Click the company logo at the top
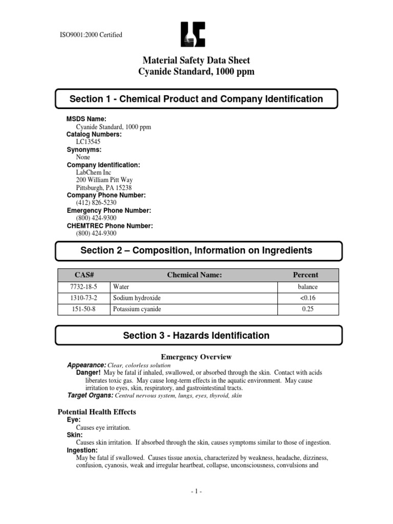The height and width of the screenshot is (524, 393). click(x=196, y=36)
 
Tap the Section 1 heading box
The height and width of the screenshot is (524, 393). click(x=196, y=99)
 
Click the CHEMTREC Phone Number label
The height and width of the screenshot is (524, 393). click(x=110, y=226)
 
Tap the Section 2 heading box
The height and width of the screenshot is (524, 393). click(x=196, y=250)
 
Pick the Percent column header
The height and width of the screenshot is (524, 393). click(x=305, y=275)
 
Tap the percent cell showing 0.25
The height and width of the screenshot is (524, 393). click(x=305, y=310)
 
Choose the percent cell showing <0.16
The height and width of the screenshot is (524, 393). click(x=305, y=298)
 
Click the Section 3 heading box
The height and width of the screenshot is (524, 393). click(x=196, y=336)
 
